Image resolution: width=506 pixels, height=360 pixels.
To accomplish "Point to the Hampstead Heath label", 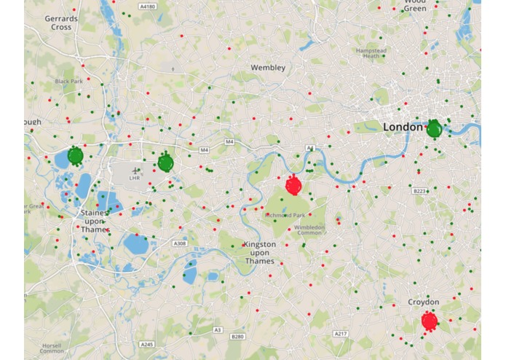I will click(x=371, y=53).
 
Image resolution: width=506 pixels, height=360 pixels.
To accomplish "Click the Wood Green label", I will click(x=415, y=6).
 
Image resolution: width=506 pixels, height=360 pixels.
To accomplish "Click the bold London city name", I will click(x=403, y=128).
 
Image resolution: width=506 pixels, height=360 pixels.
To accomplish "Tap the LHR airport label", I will click(x=135, y=177).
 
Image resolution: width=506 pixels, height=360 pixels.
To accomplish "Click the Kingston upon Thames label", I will click(x=260, y=252).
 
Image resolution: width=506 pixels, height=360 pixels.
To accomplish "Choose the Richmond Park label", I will click(x=285, y=216).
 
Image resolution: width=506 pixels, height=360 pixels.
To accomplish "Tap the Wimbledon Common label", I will click(x=310, y=230).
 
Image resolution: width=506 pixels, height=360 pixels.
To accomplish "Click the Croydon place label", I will click(x=423, y=302).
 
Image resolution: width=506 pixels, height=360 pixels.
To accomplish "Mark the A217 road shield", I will click(x=340, y=333).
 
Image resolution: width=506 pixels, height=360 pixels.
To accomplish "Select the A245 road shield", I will click(x=146, y=343).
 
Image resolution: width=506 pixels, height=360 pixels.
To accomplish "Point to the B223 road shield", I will click(x=419, y=191).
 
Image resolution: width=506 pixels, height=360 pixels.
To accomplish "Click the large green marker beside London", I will click(x=434, y=130).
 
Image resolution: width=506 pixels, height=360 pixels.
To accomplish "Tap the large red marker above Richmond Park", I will click(x=293, y=185).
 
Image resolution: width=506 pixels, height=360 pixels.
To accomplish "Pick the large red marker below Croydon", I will click(x=430, y=321).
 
